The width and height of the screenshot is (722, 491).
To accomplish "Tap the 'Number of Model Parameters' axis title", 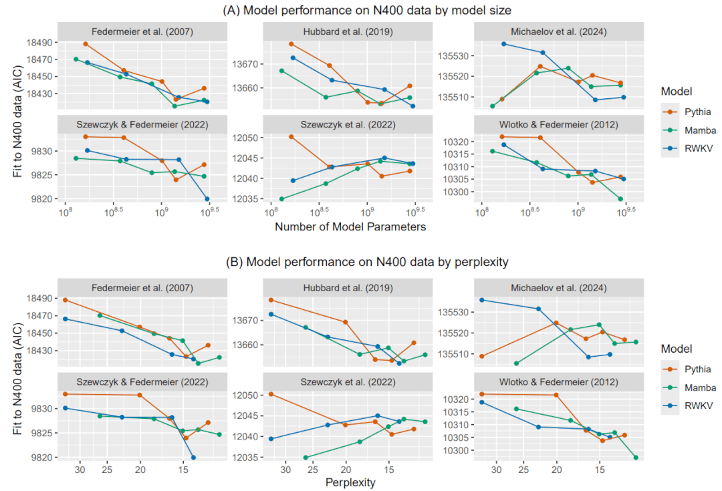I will pos(350,226).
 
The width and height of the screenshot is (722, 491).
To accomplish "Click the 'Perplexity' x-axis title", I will pos(350,482).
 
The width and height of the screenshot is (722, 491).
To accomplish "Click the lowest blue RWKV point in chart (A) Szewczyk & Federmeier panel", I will pos(207,199).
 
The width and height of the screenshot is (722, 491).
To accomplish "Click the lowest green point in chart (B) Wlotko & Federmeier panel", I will pos(636,458).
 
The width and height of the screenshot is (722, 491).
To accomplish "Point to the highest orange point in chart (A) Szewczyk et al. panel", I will pos(291,137).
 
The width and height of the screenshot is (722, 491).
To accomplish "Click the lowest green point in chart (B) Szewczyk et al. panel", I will pos(306,458).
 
